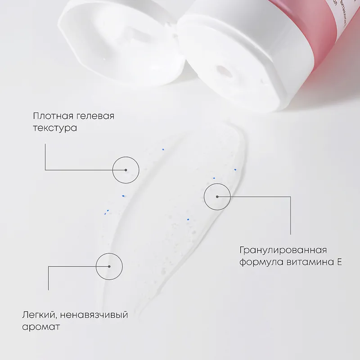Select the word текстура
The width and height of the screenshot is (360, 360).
tap(55, 128)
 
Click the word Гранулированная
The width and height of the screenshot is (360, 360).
tap(283, 250)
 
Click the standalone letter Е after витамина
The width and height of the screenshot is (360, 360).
tap(339, 262)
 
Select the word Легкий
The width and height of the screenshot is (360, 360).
tap(39, 315)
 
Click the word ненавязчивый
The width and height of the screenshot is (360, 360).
tap(94, 315)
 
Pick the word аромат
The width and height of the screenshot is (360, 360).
tap(41, 327)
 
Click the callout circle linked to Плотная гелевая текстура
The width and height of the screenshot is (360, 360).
tap(126, 157)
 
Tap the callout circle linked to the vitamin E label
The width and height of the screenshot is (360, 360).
tap(217, 184)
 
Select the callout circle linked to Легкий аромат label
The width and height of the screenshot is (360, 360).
tap(109, 253)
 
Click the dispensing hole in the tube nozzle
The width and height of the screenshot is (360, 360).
tap(223, 72)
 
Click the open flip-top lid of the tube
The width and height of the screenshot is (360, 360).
tap(119, 44)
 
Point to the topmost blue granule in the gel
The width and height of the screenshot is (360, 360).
tap(163, 149)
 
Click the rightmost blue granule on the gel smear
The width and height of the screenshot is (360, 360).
tap(235, 170)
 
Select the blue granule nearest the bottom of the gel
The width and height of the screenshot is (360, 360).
tap(188, 220)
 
